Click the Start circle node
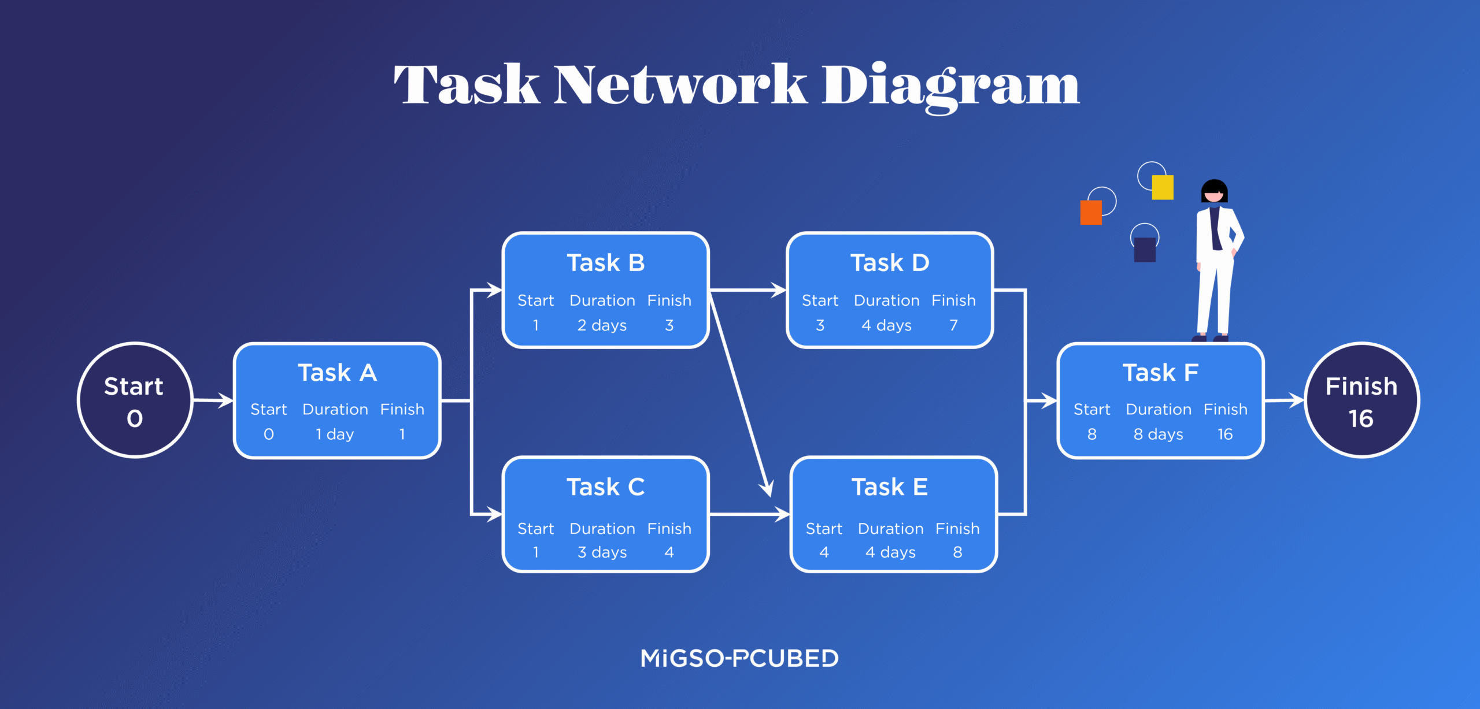[x=135, y=400]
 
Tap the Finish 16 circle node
[x=1361, y=400]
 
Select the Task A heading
[x=337, y=373]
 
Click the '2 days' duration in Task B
[x=602, y=325]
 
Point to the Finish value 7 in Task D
[x=953, y=325]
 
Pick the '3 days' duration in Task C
[x=602, y=552]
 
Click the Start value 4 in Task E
[x=824, y=552]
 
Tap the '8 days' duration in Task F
[x=1158, y=434]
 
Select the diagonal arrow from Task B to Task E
[x=740, y=393]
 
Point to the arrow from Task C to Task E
[x=749, y=514]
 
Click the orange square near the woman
[x=1090, y=213]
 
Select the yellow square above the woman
[x=1162, y=187]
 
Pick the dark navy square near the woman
[x=1144, y=250]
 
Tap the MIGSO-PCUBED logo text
[x=739, y=658]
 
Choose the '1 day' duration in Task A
[x=335, y=434]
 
